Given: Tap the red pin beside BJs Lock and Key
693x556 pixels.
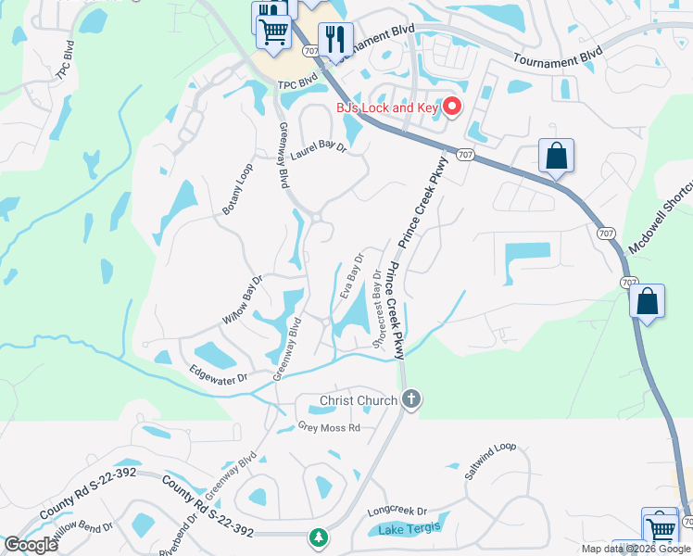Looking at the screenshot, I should (x=453, y=107).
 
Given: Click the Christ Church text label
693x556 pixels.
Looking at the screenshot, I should (x=359, y=400).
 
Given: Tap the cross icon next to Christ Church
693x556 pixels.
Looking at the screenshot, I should (x=411, y=400).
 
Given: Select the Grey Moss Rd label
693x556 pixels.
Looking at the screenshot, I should (x=328, y=427).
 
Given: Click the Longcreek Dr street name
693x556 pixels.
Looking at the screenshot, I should (x=397, y=511).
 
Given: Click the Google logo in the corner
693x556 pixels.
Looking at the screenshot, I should (x=31, y=545).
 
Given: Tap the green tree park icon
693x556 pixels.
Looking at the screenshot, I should (x=319, y=537).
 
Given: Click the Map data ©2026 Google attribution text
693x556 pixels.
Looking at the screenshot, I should (x=636, y=549).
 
